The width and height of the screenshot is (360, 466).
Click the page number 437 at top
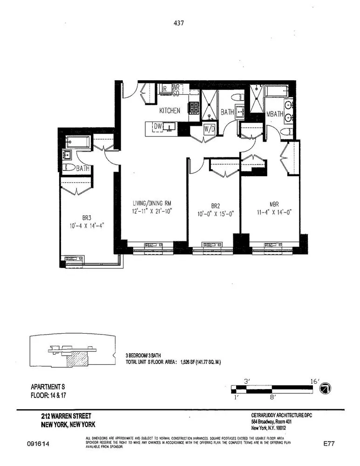pos(180,21)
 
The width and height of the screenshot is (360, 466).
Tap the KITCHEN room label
pos(170,111)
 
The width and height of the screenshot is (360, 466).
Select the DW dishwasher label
pos(158,126)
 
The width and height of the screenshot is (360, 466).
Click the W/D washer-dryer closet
pos(209,129)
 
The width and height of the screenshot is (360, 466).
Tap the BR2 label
pos(215,205)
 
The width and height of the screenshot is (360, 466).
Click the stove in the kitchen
pos(193,108)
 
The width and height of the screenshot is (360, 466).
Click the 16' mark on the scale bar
pos(315,381)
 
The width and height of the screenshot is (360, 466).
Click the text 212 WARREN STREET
pos(66,416)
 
